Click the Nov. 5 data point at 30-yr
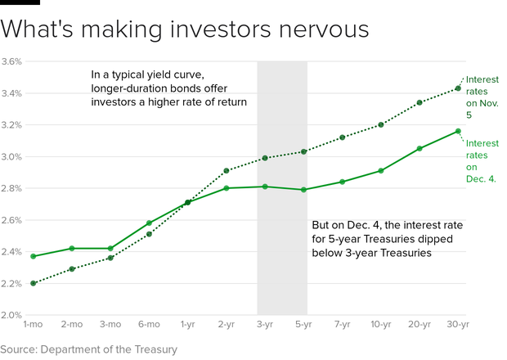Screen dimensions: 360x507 (458, 88)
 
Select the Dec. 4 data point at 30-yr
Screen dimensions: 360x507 (458, 131)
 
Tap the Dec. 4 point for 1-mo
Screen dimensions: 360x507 (33, 256)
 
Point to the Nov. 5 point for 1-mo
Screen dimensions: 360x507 (33, 283)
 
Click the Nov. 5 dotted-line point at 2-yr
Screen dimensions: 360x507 (227, 171)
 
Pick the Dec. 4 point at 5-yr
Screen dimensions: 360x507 (303, 190)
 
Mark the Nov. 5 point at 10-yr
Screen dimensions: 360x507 (380, 124)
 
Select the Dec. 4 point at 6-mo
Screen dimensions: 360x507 (149, 223)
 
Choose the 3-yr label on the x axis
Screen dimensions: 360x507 (265, 325)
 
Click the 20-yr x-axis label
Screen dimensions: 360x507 (419, 325)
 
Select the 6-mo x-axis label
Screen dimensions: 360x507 (149, 325)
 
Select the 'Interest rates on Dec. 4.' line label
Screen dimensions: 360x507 (482, 160)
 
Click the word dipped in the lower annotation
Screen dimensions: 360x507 (453, 238)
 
